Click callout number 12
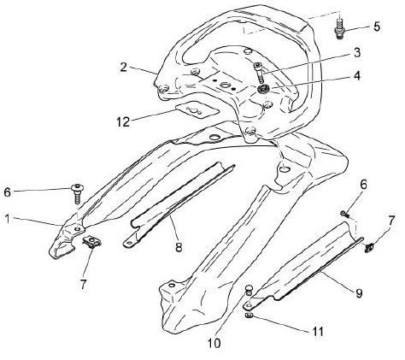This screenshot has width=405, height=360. tap(123, 122)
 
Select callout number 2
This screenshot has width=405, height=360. tap(123, 68)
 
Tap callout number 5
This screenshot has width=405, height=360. tap(377, 27)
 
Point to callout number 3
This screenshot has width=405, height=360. tap(357, 53)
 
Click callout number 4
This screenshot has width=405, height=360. tap(357, 76)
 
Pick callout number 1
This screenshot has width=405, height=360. tap(8, 219)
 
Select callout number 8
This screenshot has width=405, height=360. tap(179, 247)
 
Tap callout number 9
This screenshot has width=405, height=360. tap(359, 292)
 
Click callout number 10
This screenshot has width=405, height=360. tap(214, 343)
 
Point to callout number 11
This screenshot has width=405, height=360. tap(318, 331)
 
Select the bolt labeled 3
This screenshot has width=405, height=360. tap(259, 72)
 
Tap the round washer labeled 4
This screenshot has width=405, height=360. tap(261, 89)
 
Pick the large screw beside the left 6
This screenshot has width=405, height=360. tap(77, 193)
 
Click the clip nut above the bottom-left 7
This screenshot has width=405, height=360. tap(92, 241)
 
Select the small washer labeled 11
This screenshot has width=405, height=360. tap(249, 316)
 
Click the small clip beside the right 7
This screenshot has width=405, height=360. tap(369, 248)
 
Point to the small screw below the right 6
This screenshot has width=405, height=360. tap(345, 214)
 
